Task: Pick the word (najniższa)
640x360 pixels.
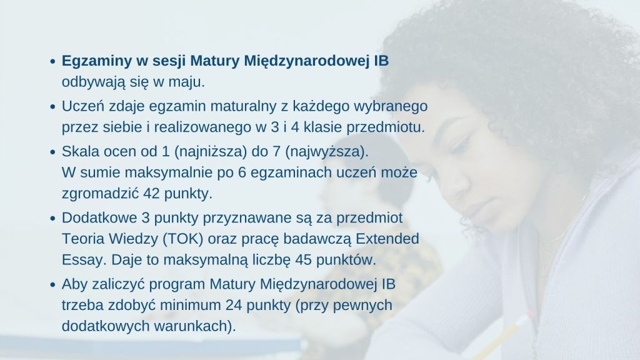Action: coord(211,151)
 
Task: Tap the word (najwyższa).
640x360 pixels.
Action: coord(326,151)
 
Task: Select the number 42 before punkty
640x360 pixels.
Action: coord(151,194)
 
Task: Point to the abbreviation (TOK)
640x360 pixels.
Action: coord(183,239)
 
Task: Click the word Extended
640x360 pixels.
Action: coord(387,238)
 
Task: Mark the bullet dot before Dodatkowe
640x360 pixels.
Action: coord(52,218)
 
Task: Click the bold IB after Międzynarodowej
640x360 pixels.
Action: coord(382,61)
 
